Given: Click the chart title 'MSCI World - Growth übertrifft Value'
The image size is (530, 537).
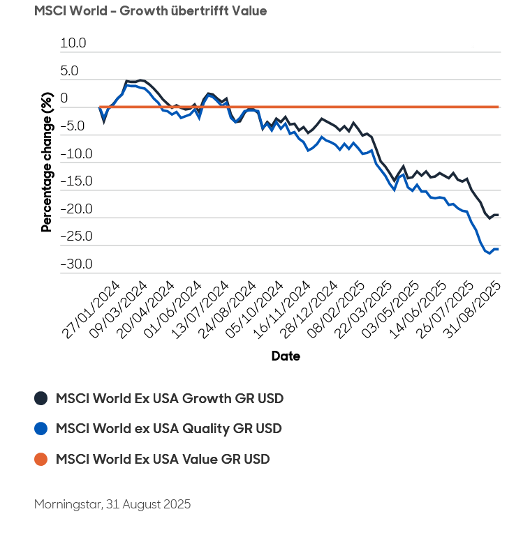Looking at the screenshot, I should (150, 11).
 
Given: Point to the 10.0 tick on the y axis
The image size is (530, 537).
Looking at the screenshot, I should (73, 43).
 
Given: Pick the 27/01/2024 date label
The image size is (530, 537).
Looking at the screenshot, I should (91, 311).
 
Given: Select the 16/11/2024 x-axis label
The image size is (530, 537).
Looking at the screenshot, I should (283, 311).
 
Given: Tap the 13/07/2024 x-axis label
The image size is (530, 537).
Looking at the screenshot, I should (201, 311).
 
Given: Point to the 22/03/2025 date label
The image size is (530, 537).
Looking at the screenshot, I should (365, 311).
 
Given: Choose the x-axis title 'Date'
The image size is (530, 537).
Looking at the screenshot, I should (286, 356).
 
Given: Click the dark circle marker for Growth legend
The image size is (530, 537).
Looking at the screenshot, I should (41, 398).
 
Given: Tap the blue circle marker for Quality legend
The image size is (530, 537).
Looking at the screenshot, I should (41, 428).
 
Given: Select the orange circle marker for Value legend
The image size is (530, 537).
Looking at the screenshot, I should (41, 459).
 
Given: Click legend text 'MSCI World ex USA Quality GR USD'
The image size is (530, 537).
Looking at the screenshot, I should (168, 428).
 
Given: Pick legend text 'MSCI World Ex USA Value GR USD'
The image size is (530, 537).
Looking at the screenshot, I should (163, 459).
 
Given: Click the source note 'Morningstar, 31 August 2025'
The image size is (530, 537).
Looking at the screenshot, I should (112, 504).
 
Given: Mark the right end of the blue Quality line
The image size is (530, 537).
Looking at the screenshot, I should (498, 249).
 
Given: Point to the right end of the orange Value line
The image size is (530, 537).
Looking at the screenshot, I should (498, 107).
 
